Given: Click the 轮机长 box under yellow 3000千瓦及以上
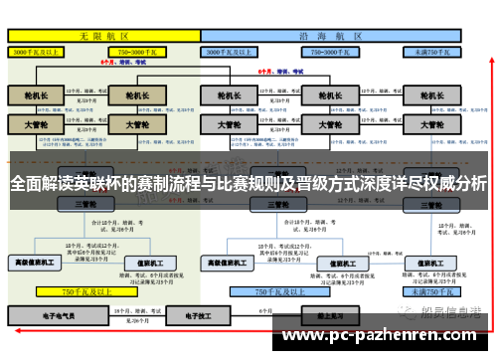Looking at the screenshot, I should (x=35, y=95).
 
